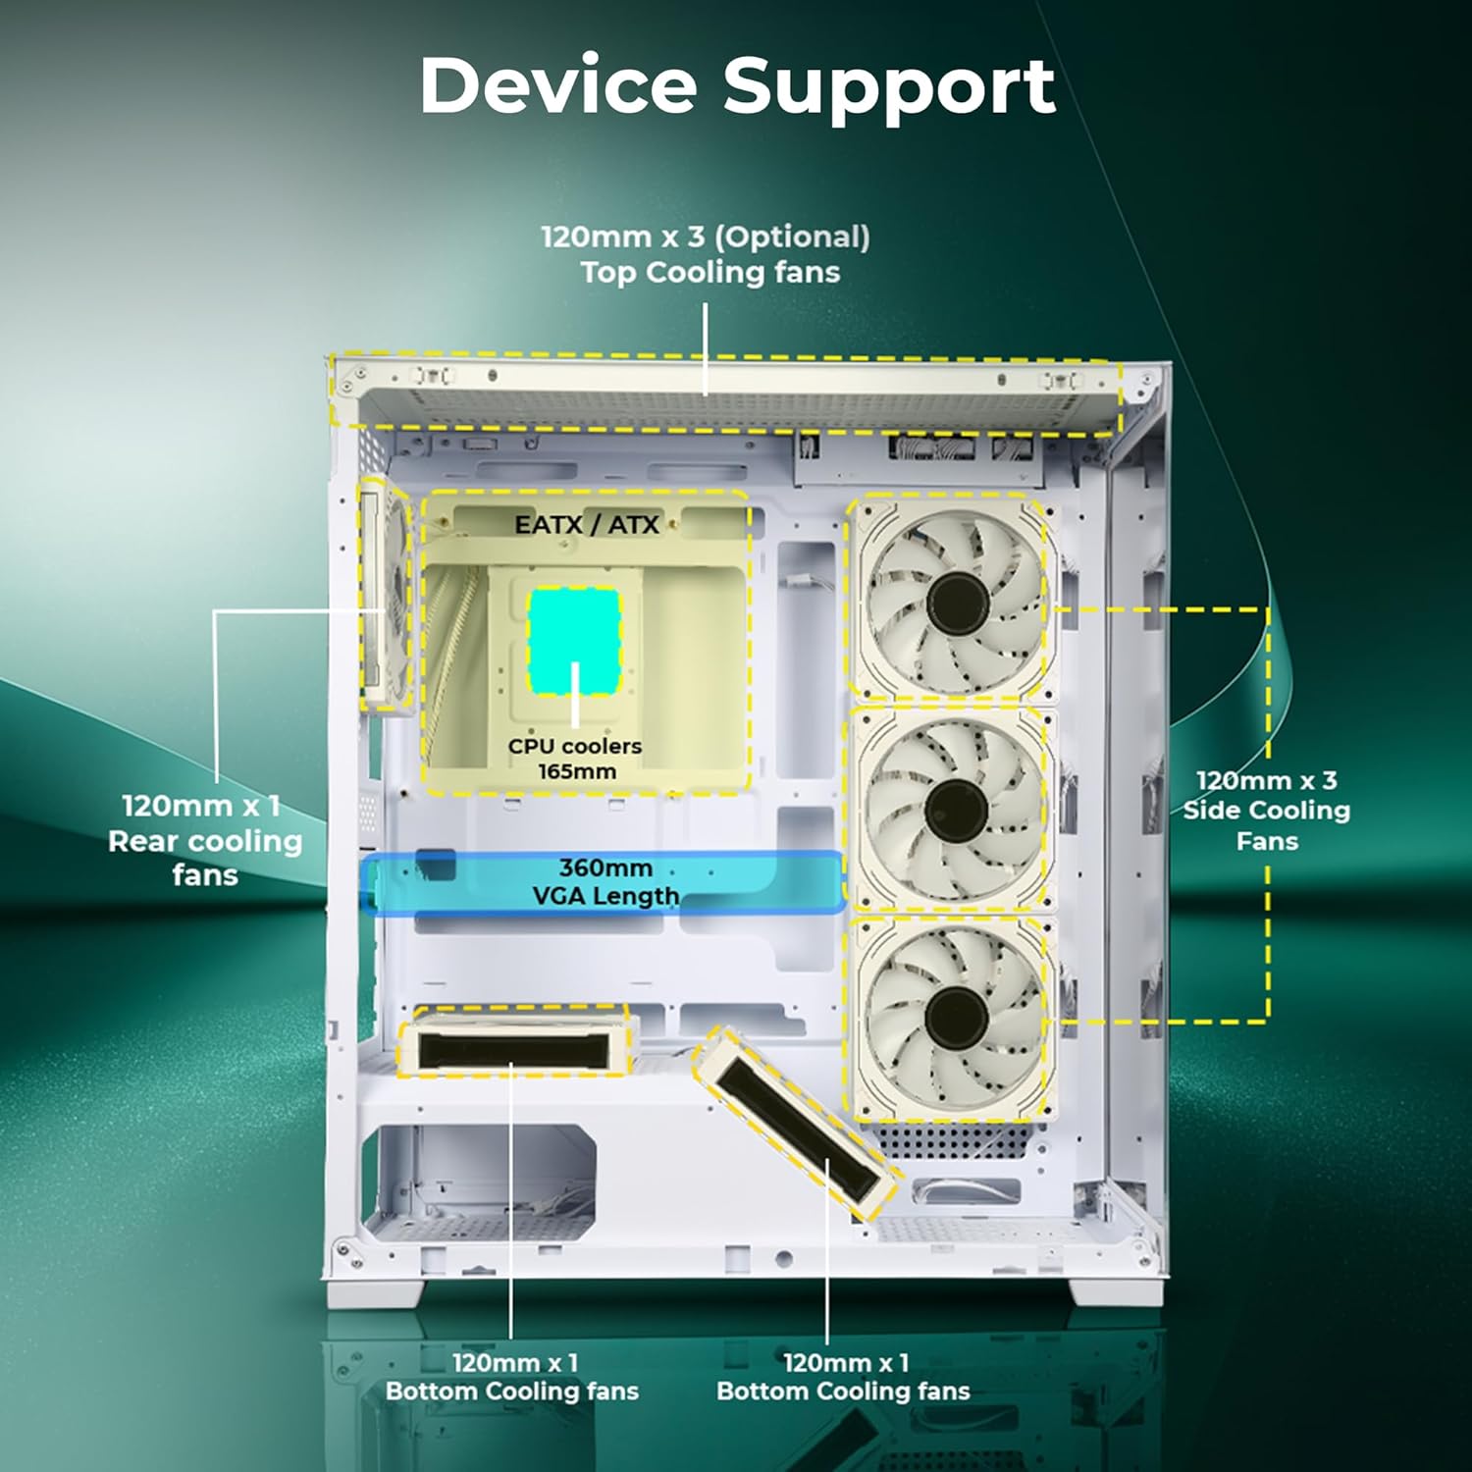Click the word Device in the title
pos(557,85)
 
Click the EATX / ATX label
pos(587,524)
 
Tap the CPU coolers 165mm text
pos(575,759)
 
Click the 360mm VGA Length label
pos(605,881)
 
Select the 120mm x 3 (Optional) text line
pos(706,237)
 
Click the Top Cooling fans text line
pos(710,272)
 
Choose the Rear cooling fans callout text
pos(204,840)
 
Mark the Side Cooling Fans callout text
pos(1266,811)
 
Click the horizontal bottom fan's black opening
pos(511,1051)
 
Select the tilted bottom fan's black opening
pos(796,1129)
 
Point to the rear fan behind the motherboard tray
pos(385,594)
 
